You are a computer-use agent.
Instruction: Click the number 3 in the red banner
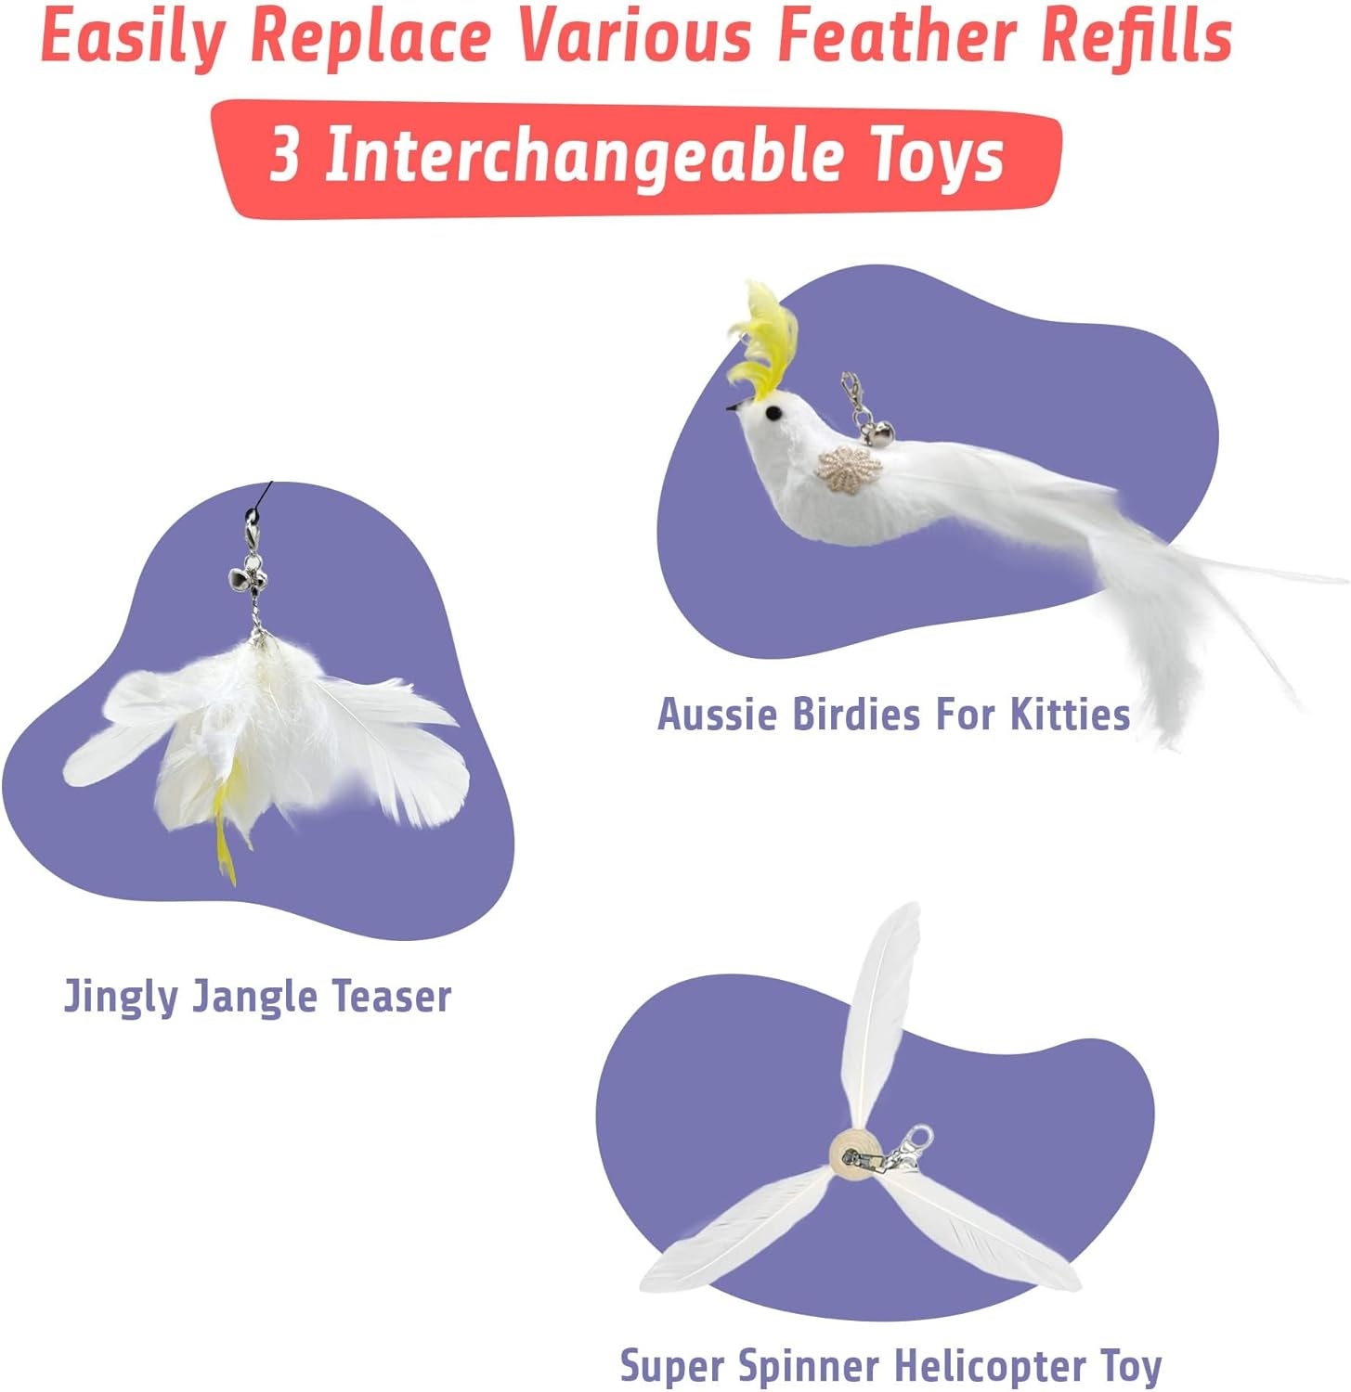(285, 154)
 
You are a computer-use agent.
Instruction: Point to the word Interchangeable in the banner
(583, 156)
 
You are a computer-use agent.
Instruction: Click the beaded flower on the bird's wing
(849, 466)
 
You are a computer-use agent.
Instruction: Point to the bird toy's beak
(735, 406)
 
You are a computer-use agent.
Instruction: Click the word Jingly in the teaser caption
(121, 997)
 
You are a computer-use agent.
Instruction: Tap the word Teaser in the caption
(391, 997)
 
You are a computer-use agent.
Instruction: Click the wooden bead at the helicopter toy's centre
(852, 1155)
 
